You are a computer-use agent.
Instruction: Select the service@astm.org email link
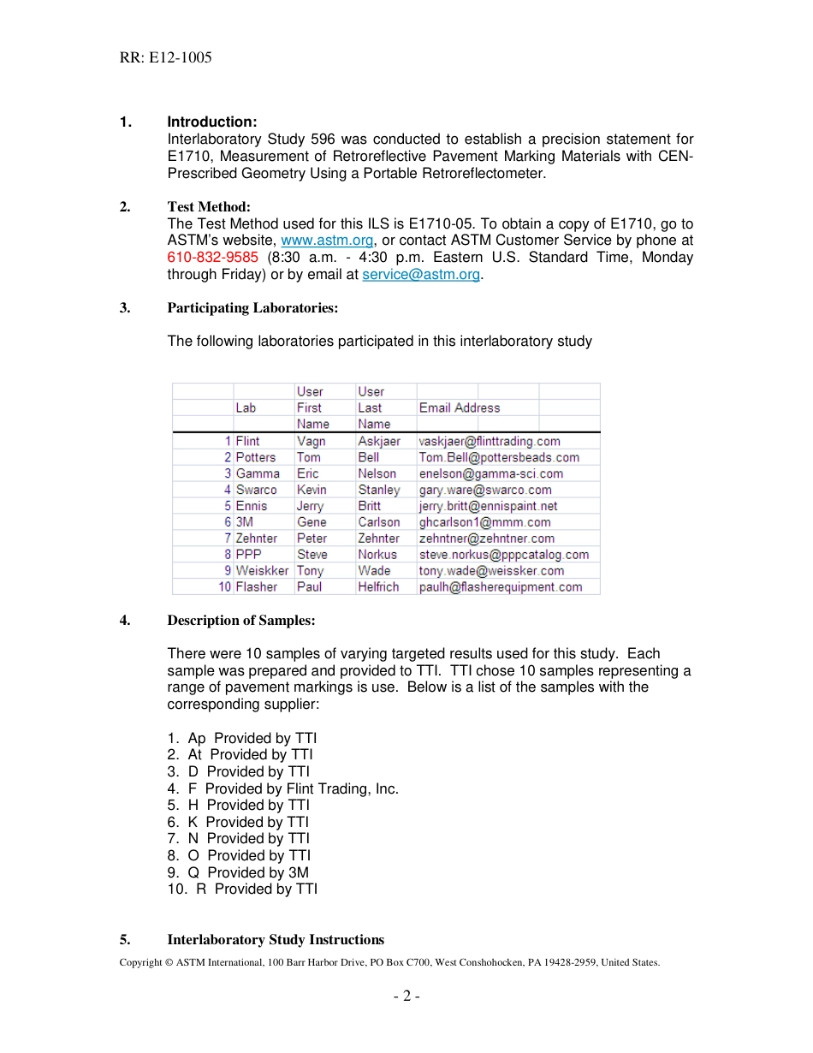(421, 275)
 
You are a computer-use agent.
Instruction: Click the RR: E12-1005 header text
(166, 58)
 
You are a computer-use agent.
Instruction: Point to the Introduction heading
(212, 122)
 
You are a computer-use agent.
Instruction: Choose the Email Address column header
(460, 408)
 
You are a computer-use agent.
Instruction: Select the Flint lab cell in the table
(248, 441)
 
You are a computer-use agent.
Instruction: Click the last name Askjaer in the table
(379, 441)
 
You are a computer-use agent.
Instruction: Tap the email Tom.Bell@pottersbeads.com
(499, 457)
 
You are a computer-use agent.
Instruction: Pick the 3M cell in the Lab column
(245, 522)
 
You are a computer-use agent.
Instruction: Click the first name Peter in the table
(312, 538)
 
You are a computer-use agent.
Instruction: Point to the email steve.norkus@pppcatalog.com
(504, 555)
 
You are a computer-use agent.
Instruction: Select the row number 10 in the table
(225, 587)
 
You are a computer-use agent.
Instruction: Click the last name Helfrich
(378, 587)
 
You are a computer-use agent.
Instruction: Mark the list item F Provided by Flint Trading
(283, 788)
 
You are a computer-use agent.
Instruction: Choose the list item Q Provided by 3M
(238, 872)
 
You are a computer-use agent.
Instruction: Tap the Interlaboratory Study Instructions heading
(276, 940)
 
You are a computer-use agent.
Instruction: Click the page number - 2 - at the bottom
(406, 996)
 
